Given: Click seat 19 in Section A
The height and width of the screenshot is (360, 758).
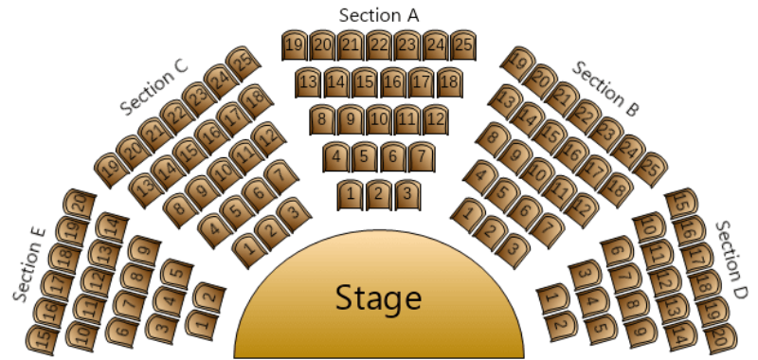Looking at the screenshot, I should [x=294, y=45].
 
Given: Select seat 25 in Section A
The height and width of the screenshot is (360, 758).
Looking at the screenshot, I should [x=462, y=45].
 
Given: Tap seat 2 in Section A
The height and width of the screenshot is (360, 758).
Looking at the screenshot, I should [x=378, y=195].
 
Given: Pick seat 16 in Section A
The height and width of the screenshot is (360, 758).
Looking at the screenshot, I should [x=392, y=82].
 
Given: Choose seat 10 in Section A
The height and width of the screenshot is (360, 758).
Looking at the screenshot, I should [x=378, y=120].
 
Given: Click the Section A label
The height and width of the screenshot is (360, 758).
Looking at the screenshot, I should [x=378, y=14].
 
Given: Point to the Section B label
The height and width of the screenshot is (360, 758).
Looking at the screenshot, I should [x=606, y=89].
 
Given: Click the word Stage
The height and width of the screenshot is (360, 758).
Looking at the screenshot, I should [x=378, y=299].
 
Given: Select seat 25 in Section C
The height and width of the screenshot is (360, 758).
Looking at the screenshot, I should [x=244, y=63].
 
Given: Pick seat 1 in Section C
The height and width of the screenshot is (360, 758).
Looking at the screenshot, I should [x=248, y=248].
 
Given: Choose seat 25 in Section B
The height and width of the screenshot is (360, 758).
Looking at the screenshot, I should [x=650, y=170].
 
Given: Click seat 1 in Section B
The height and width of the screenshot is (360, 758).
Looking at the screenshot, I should [x=465, y=214].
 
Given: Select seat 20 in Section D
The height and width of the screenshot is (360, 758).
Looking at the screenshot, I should [x=719, y=335].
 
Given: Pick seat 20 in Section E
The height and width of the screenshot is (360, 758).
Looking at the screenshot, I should [x=81, y=203].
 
